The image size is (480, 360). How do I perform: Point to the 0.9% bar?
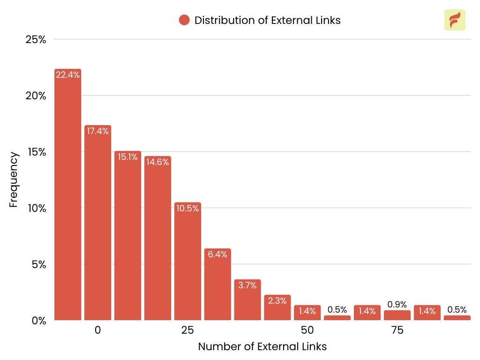397,315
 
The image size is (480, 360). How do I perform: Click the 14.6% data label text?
157,162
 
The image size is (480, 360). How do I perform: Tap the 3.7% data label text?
247,285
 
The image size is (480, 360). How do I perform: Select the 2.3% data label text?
277,301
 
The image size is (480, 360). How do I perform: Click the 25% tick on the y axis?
36,39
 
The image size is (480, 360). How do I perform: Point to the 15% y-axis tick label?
36,152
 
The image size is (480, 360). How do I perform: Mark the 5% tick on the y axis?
38,264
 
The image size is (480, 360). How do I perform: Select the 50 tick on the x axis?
307,330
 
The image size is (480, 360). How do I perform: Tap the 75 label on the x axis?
397,330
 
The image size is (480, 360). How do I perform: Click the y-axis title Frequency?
14,180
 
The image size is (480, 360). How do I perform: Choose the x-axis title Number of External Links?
262,347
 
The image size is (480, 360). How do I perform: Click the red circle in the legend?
184,20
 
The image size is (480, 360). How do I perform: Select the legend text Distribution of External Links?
267,20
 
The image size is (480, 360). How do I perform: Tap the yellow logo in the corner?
455,20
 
